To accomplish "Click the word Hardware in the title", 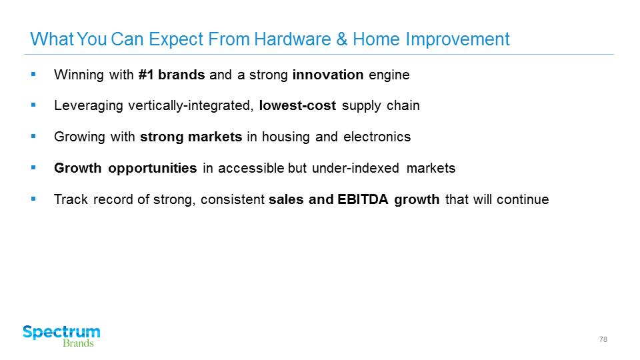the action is tap(292, 39).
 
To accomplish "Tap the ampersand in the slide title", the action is tap(341, 39).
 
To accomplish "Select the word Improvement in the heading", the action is tap(457, 40).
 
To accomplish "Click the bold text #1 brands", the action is tap(171, 75).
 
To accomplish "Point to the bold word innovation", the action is tap(328, 75).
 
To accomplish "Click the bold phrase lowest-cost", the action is tap(297, 105).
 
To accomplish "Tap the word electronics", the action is tap(377, 137).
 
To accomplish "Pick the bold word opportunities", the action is tap(152, 169).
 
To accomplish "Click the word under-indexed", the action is tap(355, 168).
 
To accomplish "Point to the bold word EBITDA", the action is tap(363, 199).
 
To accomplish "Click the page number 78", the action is tap(603, 339).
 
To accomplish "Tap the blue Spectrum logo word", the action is tap(61, 333).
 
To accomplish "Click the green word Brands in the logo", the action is tap(78, 343).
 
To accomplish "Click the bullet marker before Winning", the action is tap(33, 74).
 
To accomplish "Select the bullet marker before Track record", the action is tap(33, 199).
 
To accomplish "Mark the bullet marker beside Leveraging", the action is tap(33, 105).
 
